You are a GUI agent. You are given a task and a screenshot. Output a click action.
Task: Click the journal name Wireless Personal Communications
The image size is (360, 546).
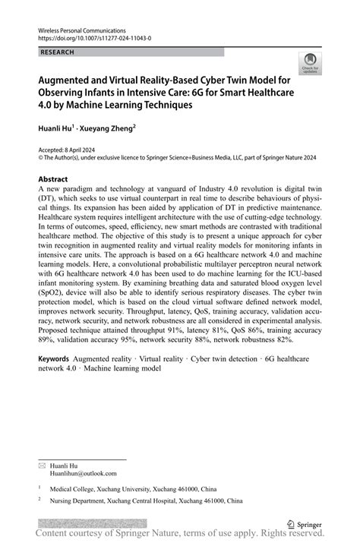(x=79, y=27)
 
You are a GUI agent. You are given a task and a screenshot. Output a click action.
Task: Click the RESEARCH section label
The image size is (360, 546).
(x=58, y=52)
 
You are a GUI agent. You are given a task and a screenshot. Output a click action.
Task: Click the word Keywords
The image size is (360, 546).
(x=54, y=357)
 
